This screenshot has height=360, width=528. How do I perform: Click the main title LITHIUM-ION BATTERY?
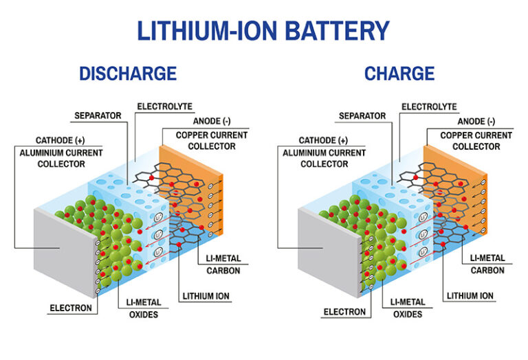[263, 31]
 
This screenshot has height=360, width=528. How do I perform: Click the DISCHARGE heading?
[128, 74]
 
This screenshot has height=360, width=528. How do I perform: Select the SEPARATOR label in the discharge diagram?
[98, 116]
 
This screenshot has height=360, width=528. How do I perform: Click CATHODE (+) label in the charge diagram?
[307, 141]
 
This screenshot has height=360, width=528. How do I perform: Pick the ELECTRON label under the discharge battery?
[71, 308]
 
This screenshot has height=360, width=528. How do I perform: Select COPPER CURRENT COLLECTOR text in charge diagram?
[476, 141]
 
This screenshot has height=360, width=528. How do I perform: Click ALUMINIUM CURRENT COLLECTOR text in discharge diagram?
[61, 158]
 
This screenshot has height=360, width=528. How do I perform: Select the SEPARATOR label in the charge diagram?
[362, 116]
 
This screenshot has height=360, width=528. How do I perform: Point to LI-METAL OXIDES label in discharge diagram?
[142, 308]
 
